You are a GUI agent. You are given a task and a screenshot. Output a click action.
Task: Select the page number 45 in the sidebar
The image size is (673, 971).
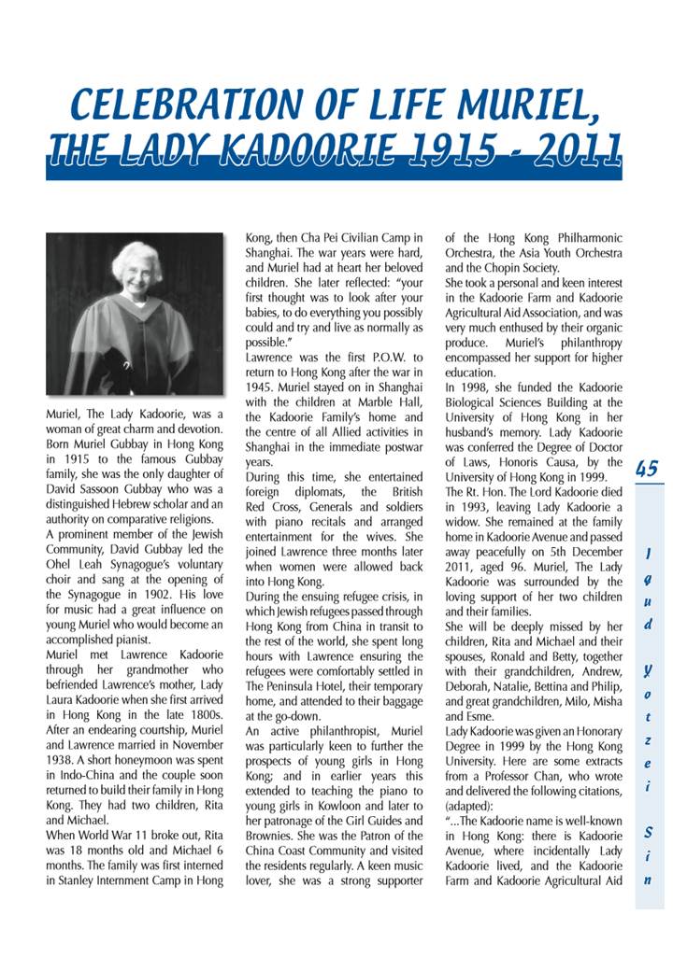647,469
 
